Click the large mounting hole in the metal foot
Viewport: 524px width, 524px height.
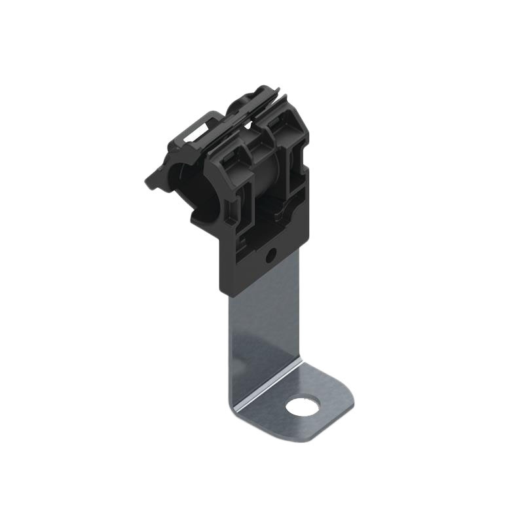[303, 407]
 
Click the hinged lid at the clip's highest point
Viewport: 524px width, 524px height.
[262, 95]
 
